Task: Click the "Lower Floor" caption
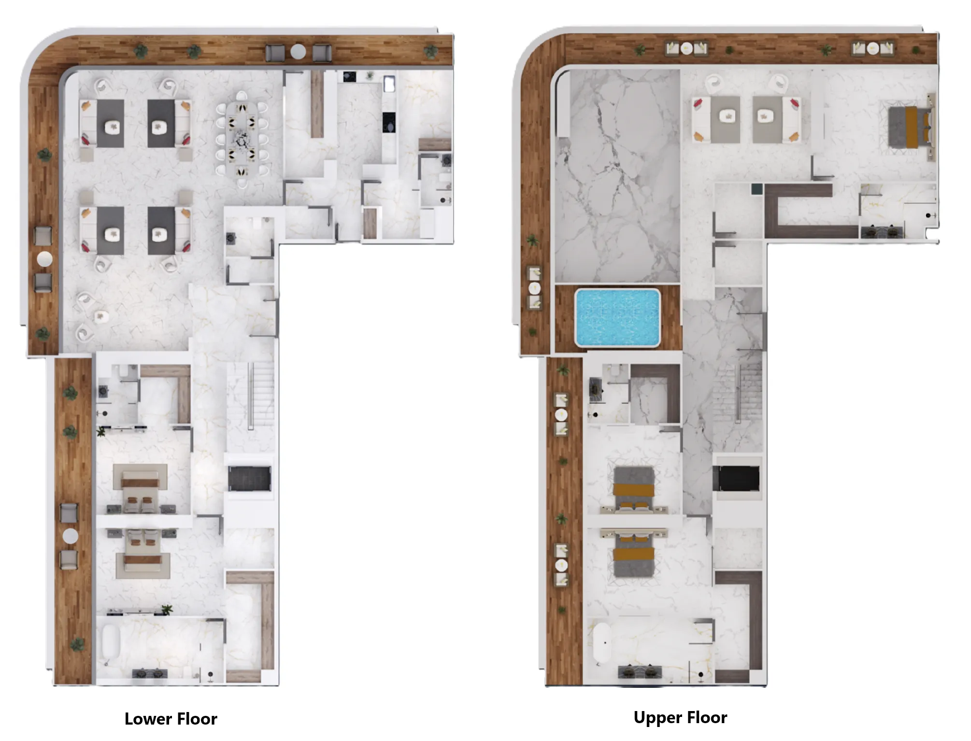[x=171, y=719]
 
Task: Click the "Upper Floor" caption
[x=680, y=717]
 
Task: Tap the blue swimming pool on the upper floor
[x=617, y=317]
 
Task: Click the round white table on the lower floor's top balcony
[x=298, y=51]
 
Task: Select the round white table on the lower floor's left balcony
[x=44, y=259]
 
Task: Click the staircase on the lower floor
[x=250, y=396]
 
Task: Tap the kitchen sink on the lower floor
[x=389, y=83]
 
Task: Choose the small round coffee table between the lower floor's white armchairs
[x=101, y=316]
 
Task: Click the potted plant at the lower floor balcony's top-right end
[x=430, y=51]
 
